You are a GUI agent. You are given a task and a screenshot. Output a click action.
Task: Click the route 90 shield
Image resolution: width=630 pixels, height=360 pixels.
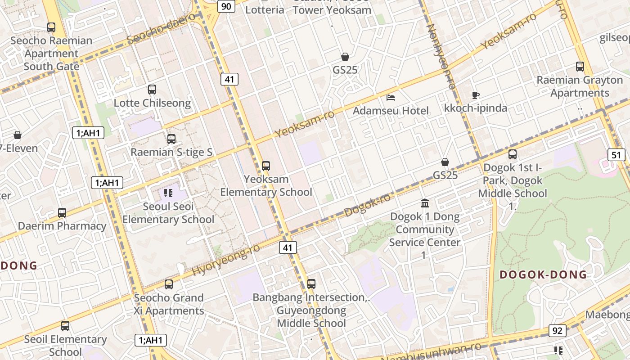(x=226, y=6)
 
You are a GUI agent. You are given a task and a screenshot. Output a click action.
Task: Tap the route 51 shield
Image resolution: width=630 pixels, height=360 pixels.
(x=616, y=155)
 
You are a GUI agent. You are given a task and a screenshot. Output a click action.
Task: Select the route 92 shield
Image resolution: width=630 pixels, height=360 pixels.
(x=557, y=331)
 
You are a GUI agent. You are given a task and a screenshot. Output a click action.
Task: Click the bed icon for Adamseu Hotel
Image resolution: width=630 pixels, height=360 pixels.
(x=391, y=97)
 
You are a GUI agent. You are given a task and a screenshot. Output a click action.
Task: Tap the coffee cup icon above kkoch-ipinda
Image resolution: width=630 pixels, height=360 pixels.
(x=476, y=95)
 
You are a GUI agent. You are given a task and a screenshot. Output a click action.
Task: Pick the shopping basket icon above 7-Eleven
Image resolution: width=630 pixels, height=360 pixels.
(x=18, y=135)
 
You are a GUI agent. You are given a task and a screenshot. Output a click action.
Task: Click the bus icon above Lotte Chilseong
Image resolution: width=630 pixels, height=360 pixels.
(x=152, y=90)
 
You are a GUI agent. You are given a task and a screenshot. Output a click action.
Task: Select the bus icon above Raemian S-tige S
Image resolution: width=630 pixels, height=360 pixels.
(x=171, y=139)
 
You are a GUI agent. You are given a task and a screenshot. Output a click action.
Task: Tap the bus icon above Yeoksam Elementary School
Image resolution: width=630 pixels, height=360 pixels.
(x=266, y=166)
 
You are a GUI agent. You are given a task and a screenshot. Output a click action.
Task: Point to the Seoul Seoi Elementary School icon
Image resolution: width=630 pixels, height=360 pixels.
(x=168, y=193)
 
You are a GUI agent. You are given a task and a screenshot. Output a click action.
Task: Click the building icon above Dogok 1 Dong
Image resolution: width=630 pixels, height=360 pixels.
(x=425, y=203)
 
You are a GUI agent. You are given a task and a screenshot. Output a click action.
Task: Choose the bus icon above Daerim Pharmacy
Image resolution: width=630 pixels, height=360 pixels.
(x=62, y=213)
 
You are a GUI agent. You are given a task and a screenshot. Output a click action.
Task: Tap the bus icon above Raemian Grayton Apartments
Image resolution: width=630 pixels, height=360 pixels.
(x=580, y=67)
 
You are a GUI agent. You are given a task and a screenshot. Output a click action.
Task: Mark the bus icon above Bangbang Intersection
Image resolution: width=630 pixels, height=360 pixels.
(x=311, y=284)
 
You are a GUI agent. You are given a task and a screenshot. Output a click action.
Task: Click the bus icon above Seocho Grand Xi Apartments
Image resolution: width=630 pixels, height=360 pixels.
(x=169, y=284)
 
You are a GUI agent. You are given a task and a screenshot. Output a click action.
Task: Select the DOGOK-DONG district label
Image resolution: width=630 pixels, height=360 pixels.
(x=543, y=274)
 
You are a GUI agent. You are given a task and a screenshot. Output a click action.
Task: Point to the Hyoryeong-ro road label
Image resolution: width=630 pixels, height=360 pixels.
(x=226, y=260)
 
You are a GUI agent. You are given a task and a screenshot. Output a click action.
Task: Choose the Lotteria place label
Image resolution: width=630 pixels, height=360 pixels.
(x=265, y=9)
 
